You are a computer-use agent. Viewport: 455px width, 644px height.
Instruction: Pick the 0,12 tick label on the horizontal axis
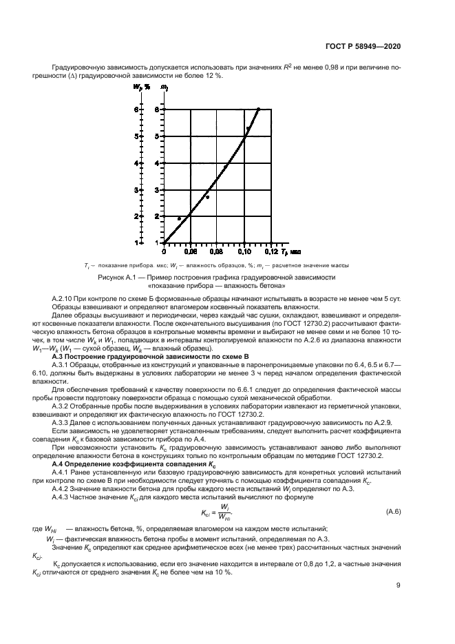pyautogui.click(x=272, y=251)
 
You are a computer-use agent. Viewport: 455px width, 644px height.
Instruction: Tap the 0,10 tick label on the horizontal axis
pyautogui.click(x=245, y=251)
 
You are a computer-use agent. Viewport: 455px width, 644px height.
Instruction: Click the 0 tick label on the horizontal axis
pyautogui.click(x=164, y=251)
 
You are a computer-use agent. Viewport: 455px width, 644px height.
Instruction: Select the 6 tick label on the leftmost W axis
pyautogui.click(x=138, y=110)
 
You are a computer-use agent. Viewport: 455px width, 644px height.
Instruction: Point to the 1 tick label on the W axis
pyautogui.click(x=138, y=242)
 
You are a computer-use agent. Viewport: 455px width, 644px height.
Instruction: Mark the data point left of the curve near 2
pyautogui.click(x=179, y=218)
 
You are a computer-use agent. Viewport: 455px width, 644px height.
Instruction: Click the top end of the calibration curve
pyautogui.click(x=258, y=109)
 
